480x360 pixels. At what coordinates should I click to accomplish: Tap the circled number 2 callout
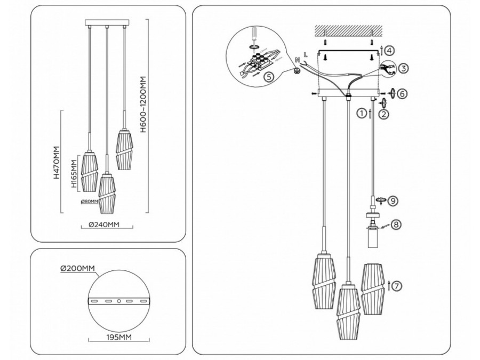click(385, 113)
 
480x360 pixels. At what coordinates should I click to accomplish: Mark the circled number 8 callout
click(395, 225)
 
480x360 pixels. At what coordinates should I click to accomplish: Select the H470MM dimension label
click(57, 163)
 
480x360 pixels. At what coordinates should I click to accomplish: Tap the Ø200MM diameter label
click(77, 268)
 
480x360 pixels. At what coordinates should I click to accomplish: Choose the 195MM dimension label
click(119, 337)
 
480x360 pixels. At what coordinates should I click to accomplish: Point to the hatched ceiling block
click(348, 30)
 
